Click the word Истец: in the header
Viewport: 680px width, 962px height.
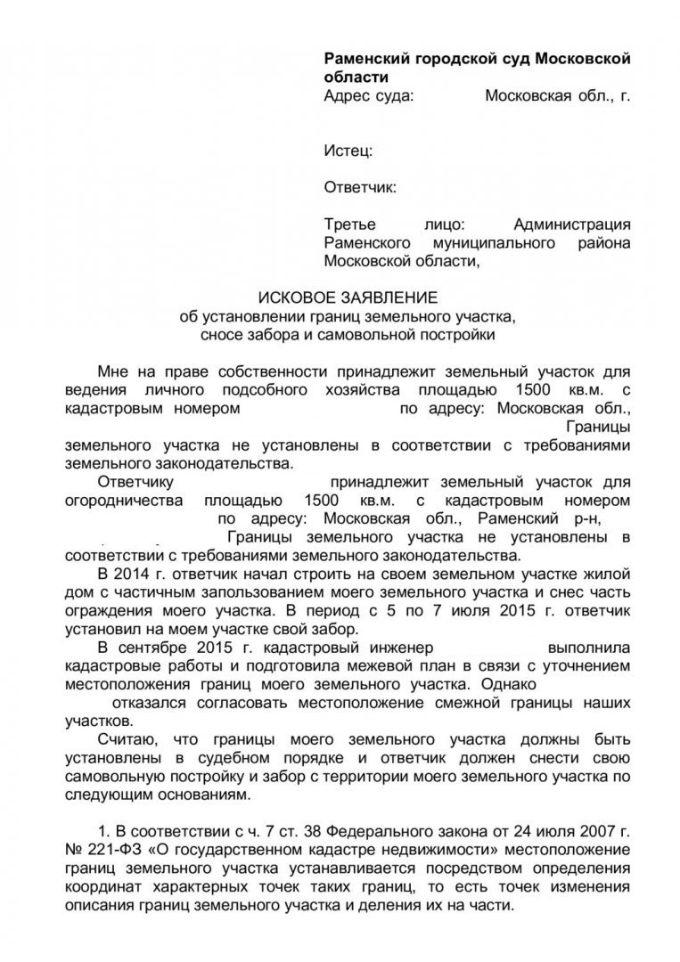(348, 152)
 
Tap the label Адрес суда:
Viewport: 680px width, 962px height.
(368, 96)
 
